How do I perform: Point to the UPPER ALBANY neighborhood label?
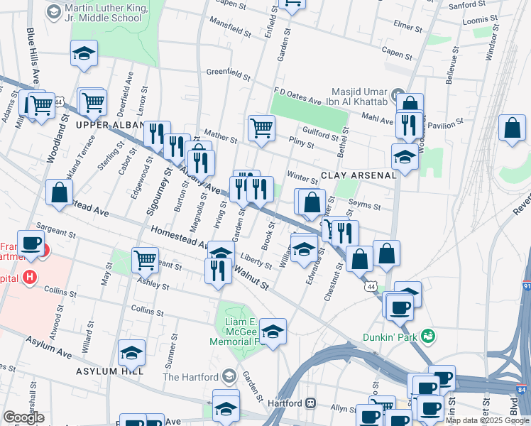pyautogui.click(x=107, y=125)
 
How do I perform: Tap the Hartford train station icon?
pyautogui.click(x=311, y=403)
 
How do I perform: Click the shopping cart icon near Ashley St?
pyautogui.click(x=145, y=261)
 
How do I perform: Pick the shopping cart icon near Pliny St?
pyautogui.click(x=261, y=128)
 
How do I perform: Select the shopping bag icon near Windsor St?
pyautogui.click(x=512, y=129)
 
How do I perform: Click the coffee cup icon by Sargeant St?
pyautogui.click(x=31, y=243)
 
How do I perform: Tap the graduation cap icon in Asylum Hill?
pyautogui.click(x=131, y=353)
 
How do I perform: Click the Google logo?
pyautogui.click(x=25, y=417)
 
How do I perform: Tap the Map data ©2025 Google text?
pyautogui.click(x=487, y=420)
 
